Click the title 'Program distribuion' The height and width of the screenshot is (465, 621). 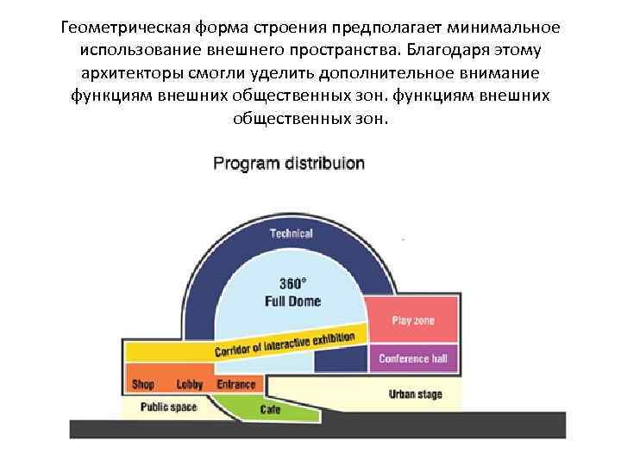pos(289,163)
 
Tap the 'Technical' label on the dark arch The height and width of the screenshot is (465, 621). pos(291,233)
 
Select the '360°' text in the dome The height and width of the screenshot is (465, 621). pos(292,283)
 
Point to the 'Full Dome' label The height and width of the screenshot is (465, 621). pos(292,301)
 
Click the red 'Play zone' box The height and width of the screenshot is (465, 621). pos(413,320)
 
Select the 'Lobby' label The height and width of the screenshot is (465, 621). pos(189,384)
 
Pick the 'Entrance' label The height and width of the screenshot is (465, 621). pos(235,384)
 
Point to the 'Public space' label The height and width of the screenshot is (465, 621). pos(169,406)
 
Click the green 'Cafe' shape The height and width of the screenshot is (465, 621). pos(270,410)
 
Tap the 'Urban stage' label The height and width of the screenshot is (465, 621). pos(415,394)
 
